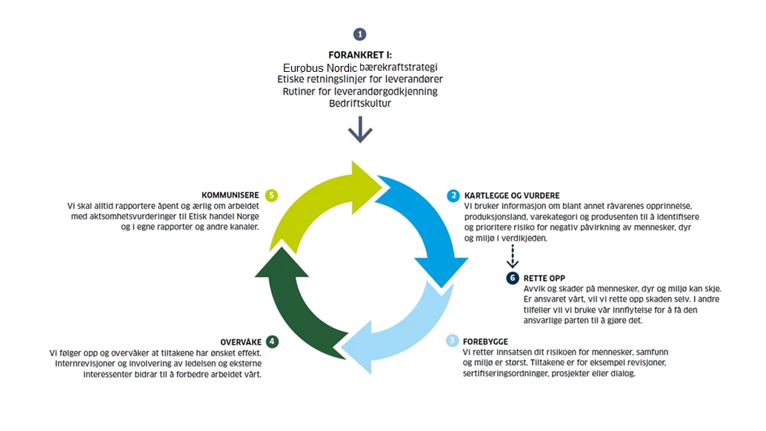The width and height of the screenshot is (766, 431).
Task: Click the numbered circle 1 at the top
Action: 360,34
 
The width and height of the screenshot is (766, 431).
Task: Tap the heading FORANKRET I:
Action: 360,55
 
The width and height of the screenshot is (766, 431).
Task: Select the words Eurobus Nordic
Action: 320,67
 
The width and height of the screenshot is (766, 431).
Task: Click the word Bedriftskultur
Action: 360,104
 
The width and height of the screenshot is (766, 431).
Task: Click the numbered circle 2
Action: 453,196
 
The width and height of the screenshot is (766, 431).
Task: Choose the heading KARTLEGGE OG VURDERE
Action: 511,196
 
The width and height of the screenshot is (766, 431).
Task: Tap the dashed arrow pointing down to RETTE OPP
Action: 511,257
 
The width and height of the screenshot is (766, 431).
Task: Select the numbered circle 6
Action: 512,278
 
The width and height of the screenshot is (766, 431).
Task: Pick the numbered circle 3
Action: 452,341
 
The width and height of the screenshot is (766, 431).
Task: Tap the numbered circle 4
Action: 273,341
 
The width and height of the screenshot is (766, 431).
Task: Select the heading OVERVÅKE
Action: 239,341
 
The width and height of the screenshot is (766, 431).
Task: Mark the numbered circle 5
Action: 272,196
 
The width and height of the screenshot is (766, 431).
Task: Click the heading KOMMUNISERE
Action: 230,196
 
